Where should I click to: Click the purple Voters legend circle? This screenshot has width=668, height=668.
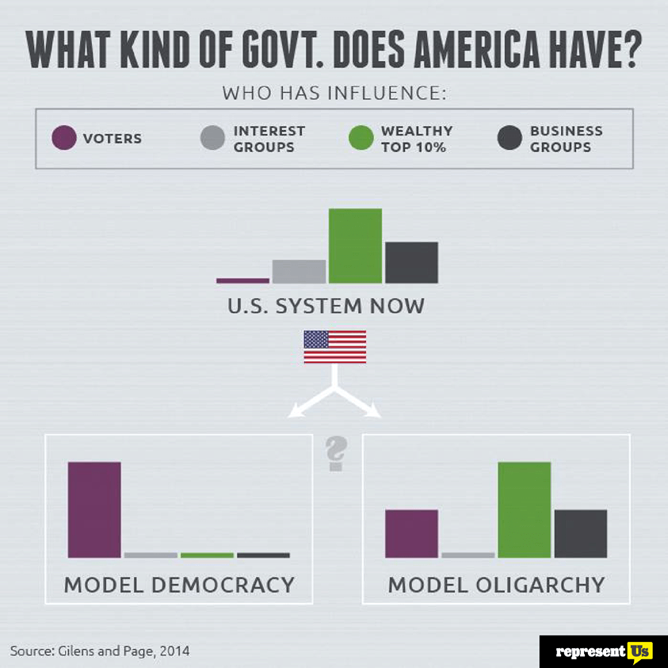[x=64, y=139]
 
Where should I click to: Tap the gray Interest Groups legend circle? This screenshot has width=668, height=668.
[x=213, y=139]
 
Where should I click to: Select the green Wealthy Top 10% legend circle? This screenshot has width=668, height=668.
[x=361, y=139]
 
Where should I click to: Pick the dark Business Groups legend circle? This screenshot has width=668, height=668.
[x=510, y=139]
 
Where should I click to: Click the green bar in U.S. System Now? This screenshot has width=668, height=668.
[x=355, y=246]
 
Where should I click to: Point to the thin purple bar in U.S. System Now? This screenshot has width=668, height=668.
[x=242, y=281]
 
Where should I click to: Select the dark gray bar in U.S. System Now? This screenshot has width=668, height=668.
[x=411, y=262]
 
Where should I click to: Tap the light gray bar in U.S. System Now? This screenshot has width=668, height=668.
[x=299, y=271]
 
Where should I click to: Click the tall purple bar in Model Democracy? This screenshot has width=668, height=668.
[x=94, y=510]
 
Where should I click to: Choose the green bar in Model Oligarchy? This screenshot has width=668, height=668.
[x=524, y=510]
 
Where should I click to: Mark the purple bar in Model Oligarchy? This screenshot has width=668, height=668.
[x=411, y=533]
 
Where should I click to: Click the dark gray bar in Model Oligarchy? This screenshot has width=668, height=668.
[x=580, y=533]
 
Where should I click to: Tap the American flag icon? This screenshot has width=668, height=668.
[x=335, y=347]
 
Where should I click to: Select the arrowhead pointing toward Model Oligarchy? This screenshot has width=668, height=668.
[x=373, y=410]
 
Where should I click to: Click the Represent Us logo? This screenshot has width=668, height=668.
[x=603, y=651]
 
